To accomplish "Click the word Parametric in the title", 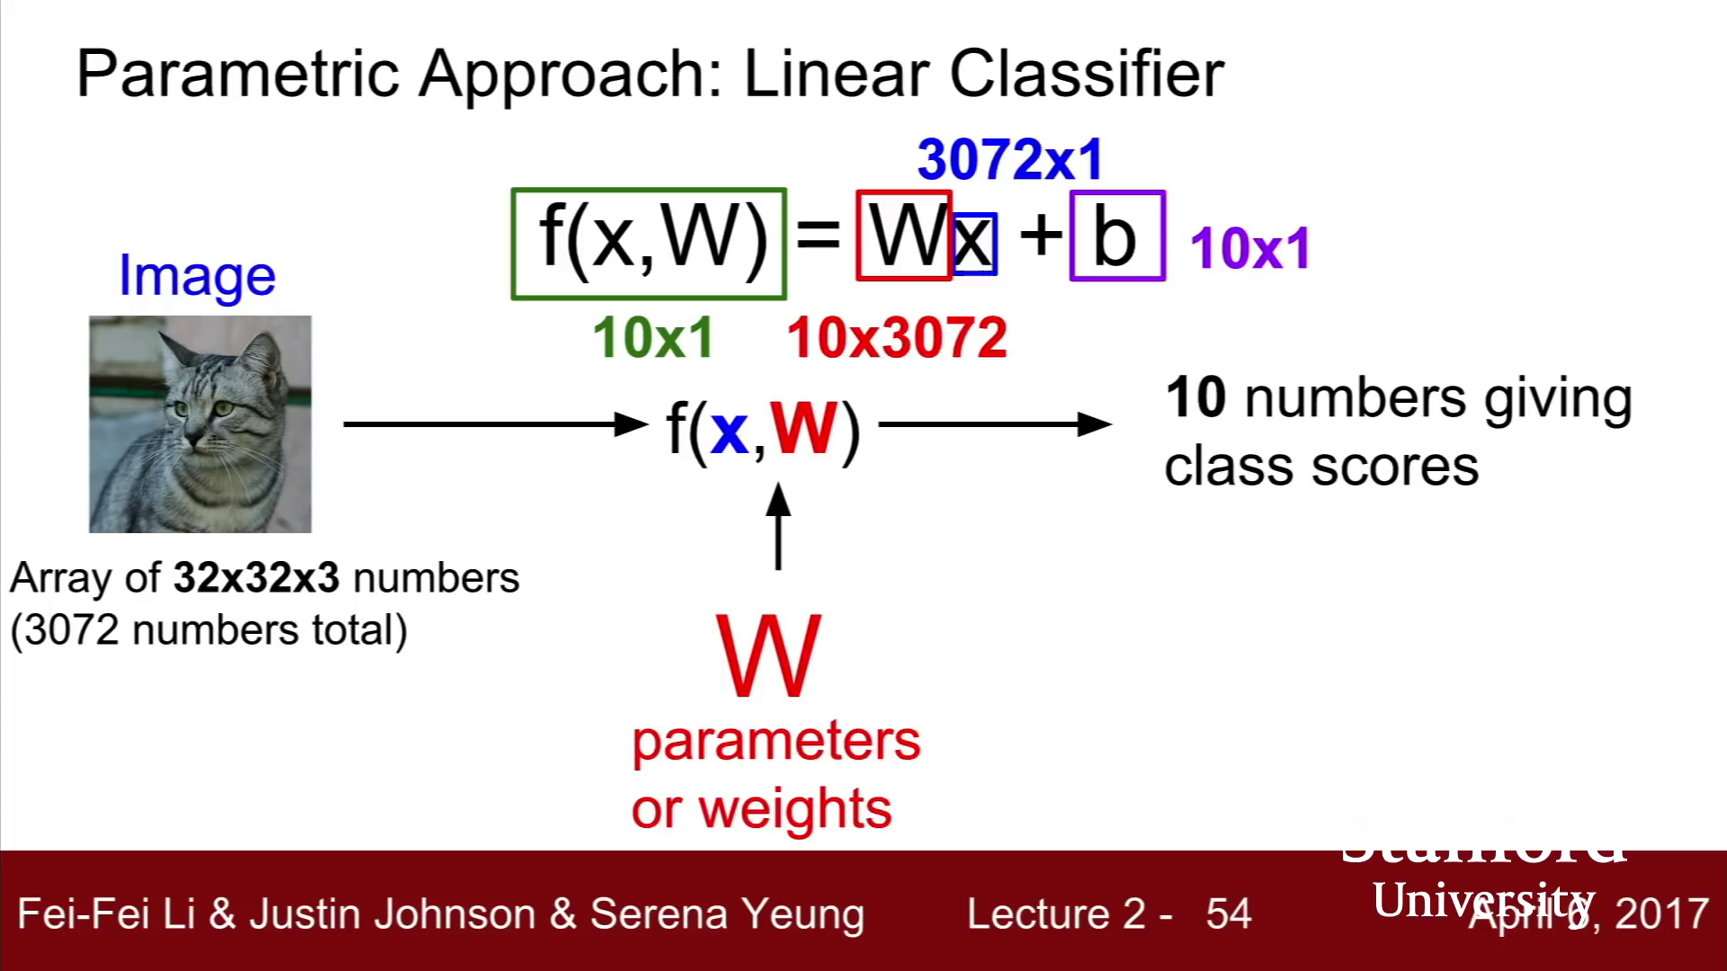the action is (x=237, y=74).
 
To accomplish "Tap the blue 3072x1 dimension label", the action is (x=1009, y=160).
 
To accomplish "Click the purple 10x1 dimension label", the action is (x=1250, y=248).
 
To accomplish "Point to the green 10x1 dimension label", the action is (x=653, y=338).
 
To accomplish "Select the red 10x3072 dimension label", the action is (x=897, y=338).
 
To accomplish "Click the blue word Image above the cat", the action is (x=197, y=275).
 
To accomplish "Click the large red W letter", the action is (x=768, y=656).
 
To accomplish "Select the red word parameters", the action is (x=775, y=742).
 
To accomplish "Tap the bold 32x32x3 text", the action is (x=256, y=578).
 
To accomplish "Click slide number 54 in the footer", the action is (x=1228, y=913).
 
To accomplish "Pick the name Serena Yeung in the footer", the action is (x=727, y=913).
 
